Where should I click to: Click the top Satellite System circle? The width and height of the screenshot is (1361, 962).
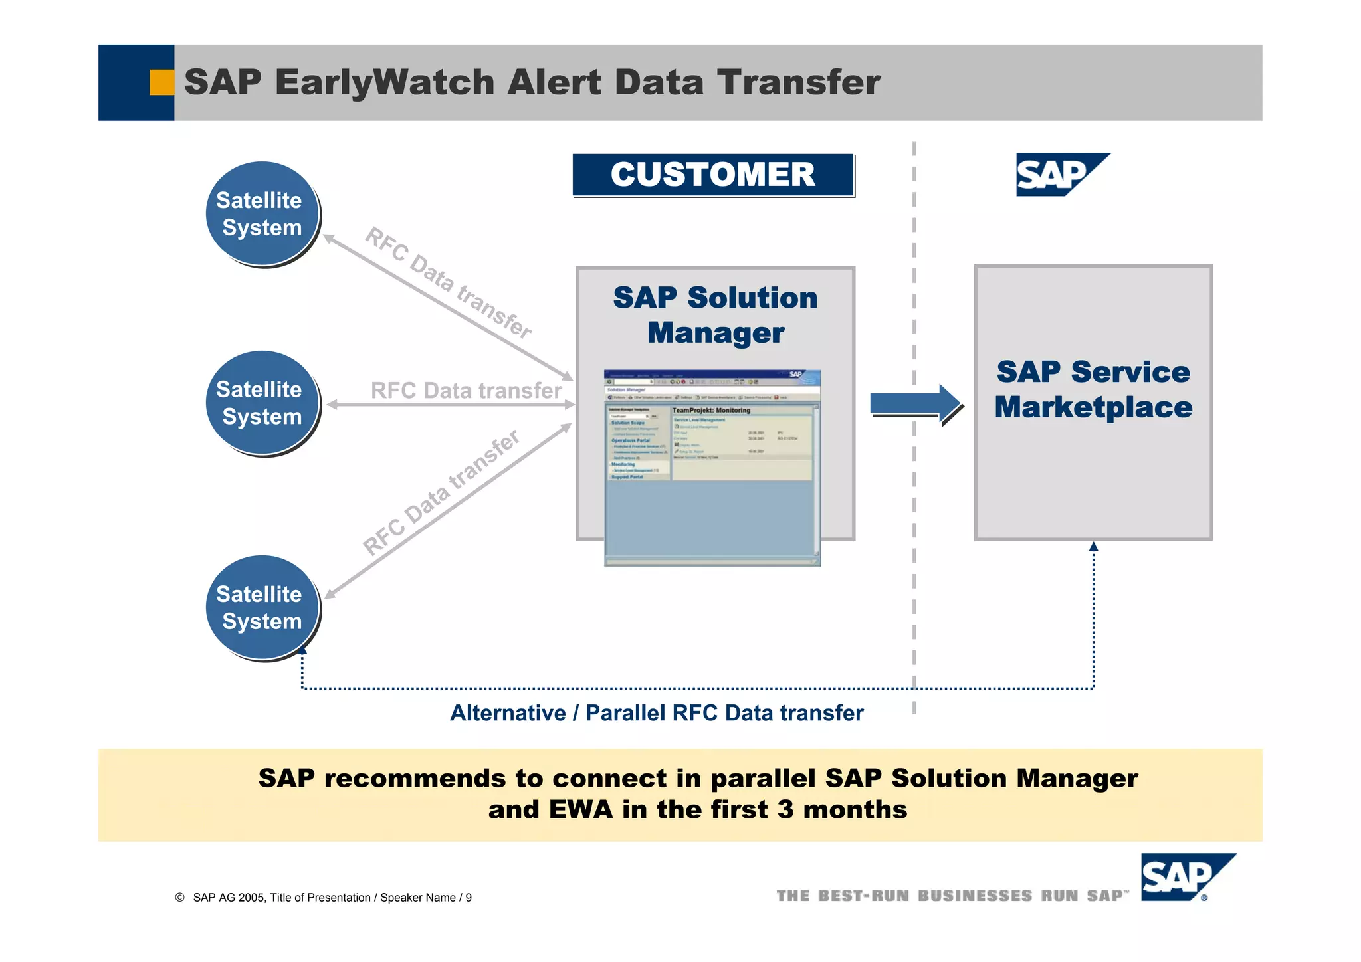tap(262, 213)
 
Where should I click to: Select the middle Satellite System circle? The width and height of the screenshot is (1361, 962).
tap(262, 403)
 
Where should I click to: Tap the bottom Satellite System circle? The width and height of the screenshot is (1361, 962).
tap(262, 607)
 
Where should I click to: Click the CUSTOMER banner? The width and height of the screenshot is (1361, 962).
tap(712, 175)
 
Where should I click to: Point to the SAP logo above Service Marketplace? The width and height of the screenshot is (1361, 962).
tap(1059, 175)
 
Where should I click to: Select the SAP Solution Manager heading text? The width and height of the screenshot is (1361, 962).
tap(715, 315)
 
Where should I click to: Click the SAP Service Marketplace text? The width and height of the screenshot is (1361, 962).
tap(1093, 389)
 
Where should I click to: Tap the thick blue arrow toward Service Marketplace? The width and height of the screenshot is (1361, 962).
tap(914, 403)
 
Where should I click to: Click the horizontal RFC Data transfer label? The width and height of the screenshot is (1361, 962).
tap(466, 391)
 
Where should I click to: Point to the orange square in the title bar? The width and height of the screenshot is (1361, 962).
tap(161, 82)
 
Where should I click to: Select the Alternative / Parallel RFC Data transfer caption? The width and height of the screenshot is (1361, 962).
tap(657, 713)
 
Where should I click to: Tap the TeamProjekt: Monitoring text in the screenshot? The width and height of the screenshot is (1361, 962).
tap(711, 411)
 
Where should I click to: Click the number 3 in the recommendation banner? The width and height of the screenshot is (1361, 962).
tap(785, 810)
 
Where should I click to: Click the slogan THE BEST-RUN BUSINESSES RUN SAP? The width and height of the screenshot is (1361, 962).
tap(952, 896)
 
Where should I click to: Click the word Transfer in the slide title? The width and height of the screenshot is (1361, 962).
tap(798, 83)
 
